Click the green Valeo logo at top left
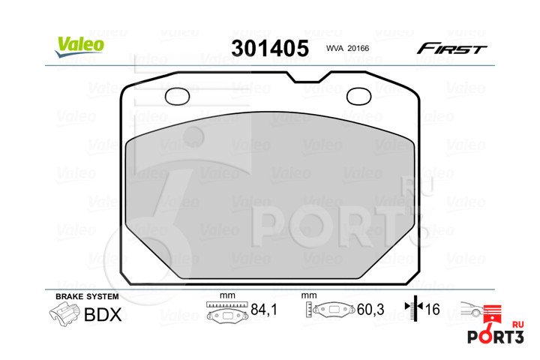coord(79,46)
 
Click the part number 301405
coord(270,48)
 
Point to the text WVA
coord(334,49)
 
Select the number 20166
coord(358,49)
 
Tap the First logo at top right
coord(451,49)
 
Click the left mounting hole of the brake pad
coord(177,97)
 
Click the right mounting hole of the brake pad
coord(358,97)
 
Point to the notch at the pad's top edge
coord(308,77)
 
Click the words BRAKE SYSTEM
coord(87,296)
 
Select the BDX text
coord(103,314)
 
